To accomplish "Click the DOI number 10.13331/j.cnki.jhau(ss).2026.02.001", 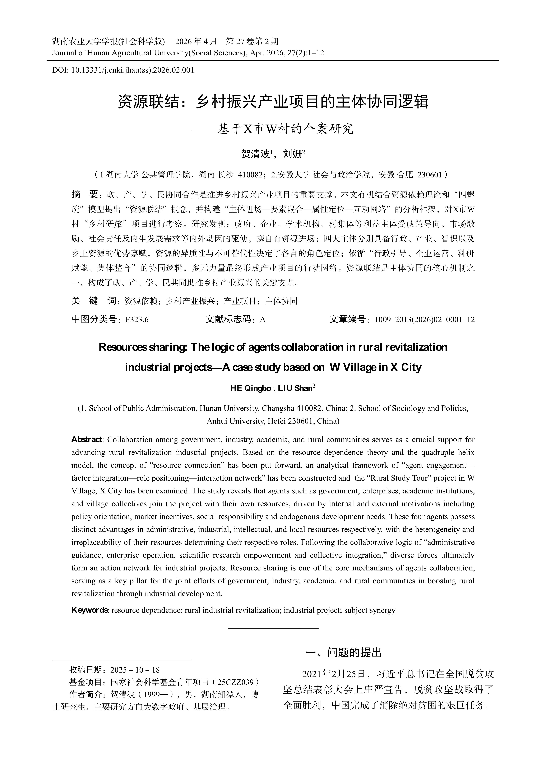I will click(x=133, y=70).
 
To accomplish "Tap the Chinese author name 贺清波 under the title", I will click(x=255, y=154).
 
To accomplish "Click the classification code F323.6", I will click(x=137, y=319).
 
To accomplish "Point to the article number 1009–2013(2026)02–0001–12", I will click(x=424, y=319).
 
